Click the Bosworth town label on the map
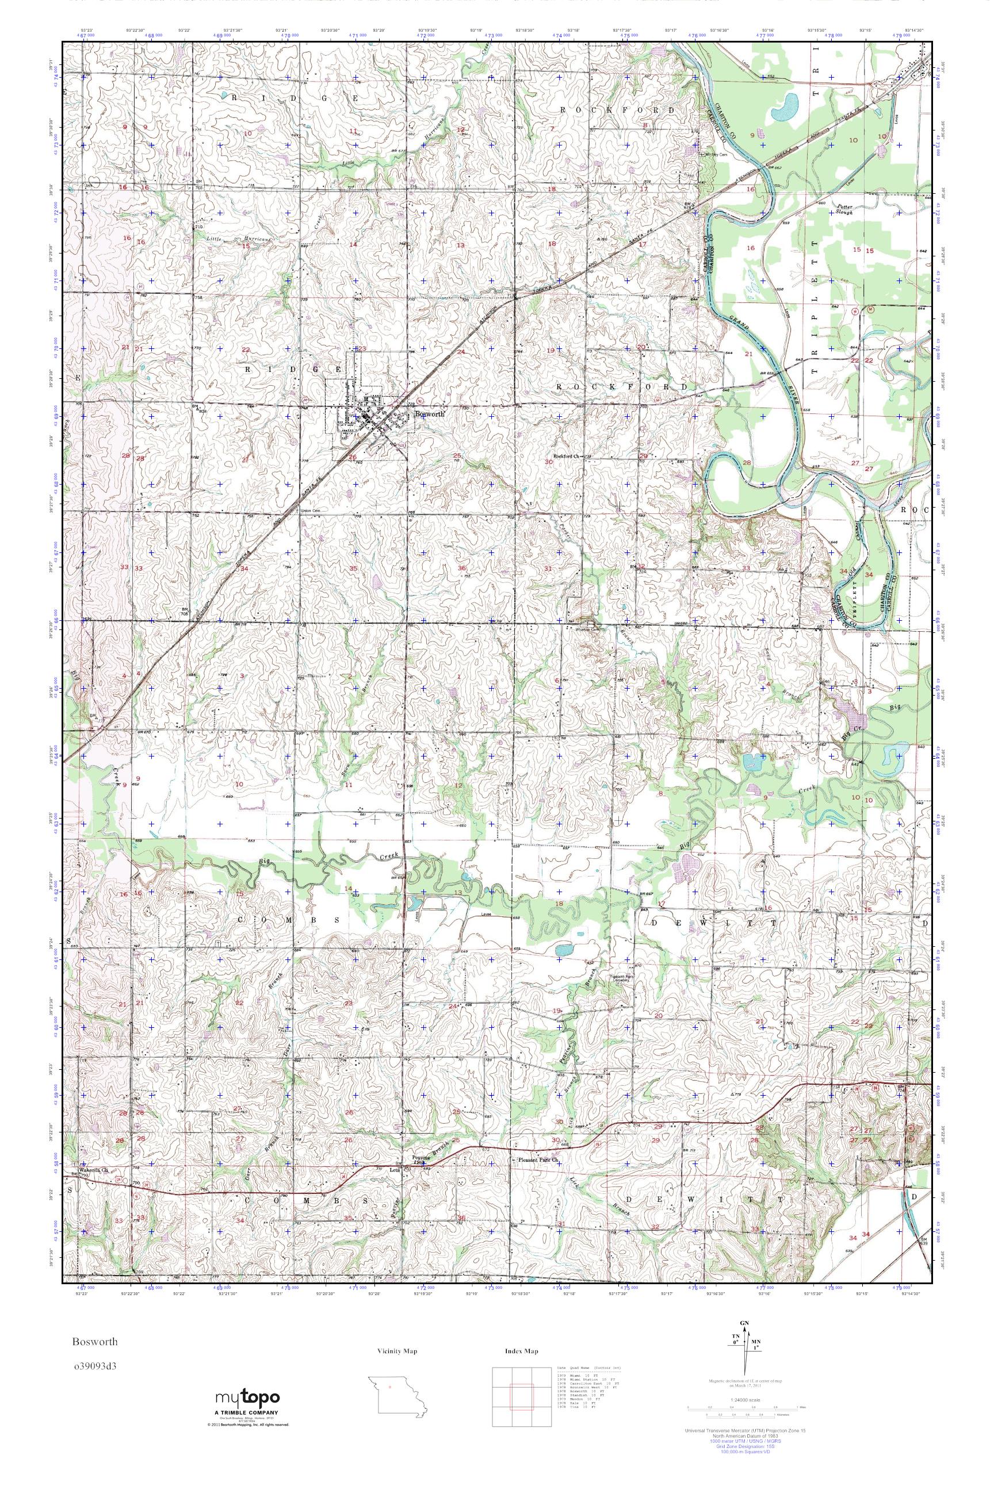pos(429,414)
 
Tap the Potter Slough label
pos(844,210)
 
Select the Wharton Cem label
pos(586,629)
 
